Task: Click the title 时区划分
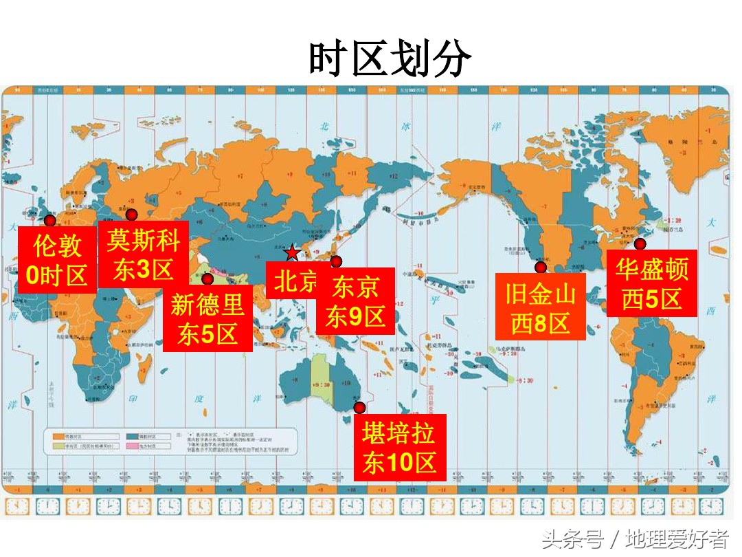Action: click(390, 58)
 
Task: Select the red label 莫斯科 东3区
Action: click(143, 254)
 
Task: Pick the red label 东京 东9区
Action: click(355, 301)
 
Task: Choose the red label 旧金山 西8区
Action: click(541, 307)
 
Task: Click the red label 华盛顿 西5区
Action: click(651, 284)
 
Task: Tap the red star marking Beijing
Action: click(292, 252)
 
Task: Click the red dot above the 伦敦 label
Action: click(49, 221)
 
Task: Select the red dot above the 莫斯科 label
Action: click(131, 215)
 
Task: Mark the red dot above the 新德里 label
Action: click(207, 278)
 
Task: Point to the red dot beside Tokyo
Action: click(336, 261)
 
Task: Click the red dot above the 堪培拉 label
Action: click(359, 407)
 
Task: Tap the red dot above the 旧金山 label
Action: click(541, 267)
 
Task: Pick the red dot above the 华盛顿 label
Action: click(640, 243)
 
